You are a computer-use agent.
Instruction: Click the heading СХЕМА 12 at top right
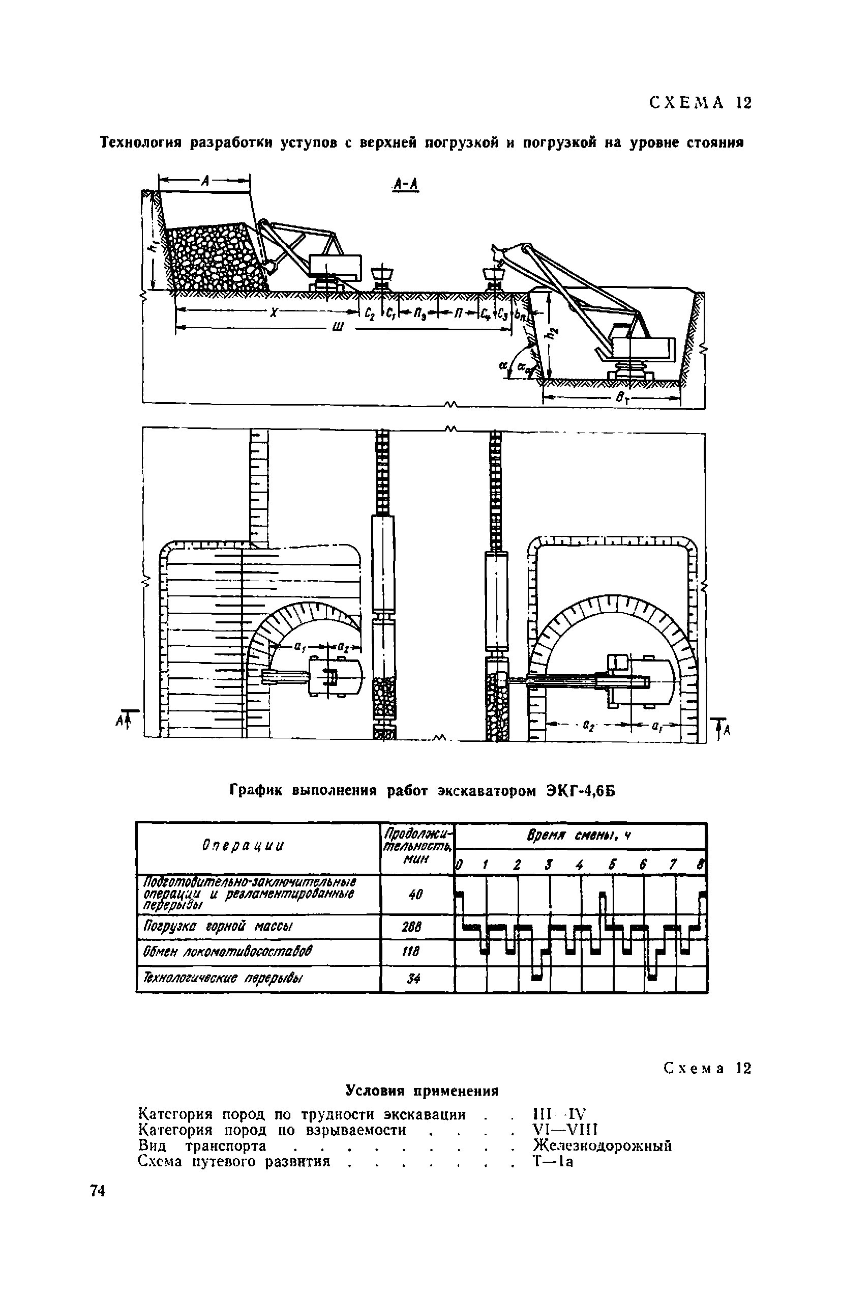click(700, 103)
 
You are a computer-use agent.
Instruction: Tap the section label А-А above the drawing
click(406, 185)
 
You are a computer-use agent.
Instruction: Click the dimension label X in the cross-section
click(274, 313)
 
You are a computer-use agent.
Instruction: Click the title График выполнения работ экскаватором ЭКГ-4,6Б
click(422, 791)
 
